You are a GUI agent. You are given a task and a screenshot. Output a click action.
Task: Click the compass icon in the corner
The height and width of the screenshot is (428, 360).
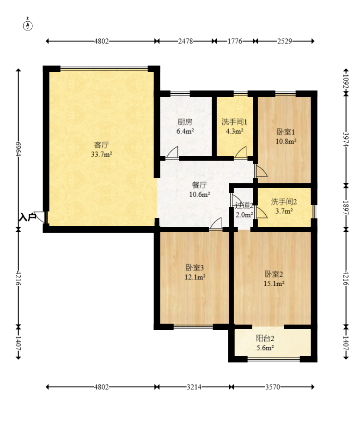(x=28, y=25)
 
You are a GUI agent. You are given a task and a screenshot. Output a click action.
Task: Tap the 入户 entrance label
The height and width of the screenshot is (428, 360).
(x=27, y=217)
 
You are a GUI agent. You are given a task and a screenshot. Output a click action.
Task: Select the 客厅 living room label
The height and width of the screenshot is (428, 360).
(x=101, y=145)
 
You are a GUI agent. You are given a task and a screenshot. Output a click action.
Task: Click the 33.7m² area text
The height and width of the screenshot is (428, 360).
(x=102, y=154)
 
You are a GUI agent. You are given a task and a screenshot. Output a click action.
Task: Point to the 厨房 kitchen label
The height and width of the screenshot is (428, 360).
(x=185, y=122)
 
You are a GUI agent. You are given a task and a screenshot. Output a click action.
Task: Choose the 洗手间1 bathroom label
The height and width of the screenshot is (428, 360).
(x=234, y=122)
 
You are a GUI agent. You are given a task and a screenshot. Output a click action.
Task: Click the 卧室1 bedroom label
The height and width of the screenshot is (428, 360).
(x=286, y=132)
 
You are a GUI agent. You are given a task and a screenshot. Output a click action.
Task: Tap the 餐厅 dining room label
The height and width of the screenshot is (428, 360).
(x=199, y=185)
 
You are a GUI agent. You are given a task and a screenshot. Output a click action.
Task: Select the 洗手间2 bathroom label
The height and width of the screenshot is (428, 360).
(x=284, y=202)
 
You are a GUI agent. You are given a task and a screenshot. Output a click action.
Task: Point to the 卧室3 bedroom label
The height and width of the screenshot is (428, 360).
(x=195, y=267)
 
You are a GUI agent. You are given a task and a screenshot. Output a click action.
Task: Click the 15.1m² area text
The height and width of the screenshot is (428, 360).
(x=274, y=283)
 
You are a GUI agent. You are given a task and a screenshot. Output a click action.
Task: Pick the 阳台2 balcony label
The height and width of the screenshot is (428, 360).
(x=265, y=338)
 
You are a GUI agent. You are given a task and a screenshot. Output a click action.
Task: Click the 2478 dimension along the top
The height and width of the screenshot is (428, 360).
(x=185, y=41)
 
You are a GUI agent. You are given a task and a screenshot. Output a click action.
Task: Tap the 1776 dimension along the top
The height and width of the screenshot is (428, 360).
(x=235, y=41)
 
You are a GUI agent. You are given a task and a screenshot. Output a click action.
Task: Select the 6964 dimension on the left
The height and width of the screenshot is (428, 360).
(x=18, y=149)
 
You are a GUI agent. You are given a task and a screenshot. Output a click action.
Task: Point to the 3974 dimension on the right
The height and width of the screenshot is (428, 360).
(x=346, y=139)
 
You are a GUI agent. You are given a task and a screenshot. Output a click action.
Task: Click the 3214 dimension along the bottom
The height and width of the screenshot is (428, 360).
(x=194, y=387)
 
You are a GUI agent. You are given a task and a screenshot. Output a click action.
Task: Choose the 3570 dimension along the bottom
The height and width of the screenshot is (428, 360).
(x=273, y=387)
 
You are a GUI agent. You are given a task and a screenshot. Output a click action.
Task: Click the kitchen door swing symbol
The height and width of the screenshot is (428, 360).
(x=172, y=152)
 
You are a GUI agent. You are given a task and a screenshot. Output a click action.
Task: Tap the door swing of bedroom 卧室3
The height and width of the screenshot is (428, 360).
(x=216, y=223)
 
